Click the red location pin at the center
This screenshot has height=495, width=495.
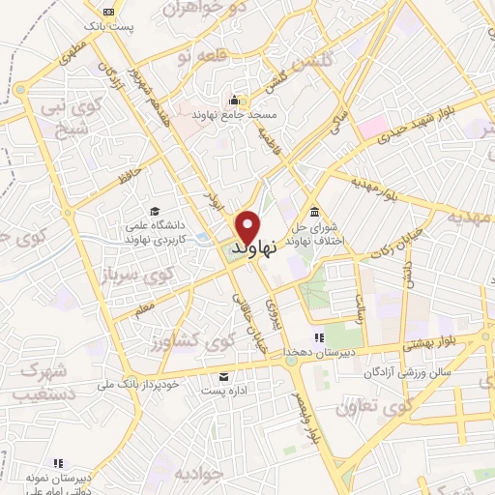247,228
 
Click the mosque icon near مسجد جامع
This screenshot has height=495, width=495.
233,99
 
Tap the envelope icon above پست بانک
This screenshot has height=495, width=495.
105,12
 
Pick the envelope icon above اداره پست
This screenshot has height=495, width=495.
224,377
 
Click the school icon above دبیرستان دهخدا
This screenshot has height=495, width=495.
317,337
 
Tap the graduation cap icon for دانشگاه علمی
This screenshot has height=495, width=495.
154,212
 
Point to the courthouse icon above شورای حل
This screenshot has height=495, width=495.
314,213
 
